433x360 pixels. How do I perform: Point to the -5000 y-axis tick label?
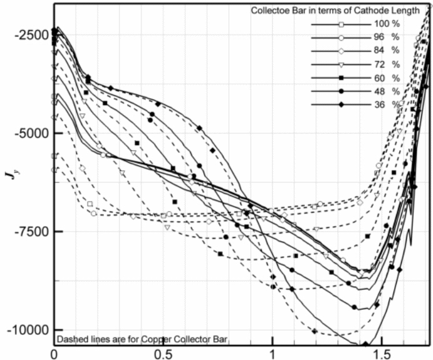[x=24, y=133]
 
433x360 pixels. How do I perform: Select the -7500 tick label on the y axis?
[x=24, y=232]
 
